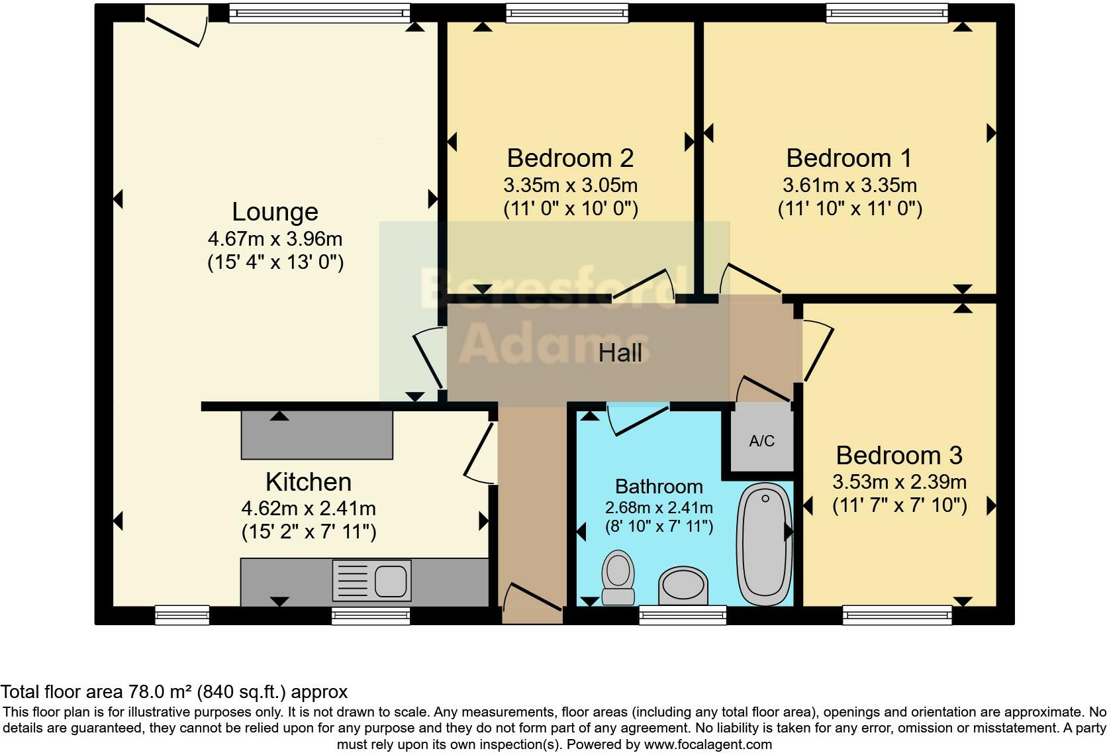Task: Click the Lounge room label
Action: click(275, 212)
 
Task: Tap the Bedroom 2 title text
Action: click(570, 158)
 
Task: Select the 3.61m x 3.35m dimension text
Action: click(849, 185)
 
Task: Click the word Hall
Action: click(620, 353)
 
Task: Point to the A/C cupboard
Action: click(761, 440)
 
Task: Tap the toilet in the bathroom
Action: click(618, 577)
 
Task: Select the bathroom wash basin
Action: click(683, 586)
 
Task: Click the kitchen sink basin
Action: click(391, 581)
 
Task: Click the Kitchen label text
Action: click(308, 481)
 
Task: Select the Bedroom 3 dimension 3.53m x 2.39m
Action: click(899, 481)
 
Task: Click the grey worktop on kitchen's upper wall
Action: click(316, 435)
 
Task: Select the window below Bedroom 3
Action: click(897, 615)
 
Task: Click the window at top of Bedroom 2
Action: click(567, 13)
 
